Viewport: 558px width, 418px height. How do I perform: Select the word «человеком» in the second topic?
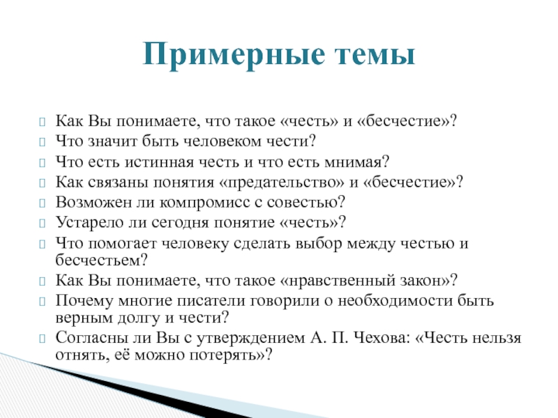click(223, 141)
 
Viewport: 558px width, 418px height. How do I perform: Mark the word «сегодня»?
click(180, 223)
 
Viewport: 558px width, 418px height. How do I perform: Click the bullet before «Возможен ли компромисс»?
click(43, 203)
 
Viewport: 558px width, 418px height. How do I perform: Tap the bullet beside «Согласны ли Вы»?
click(43, 338)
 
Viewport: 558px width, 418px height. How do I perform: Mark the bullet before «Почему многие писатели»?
click(43, 302)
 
